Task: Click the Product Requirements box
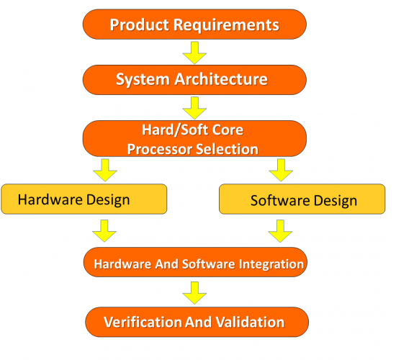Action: (x=194, y=24)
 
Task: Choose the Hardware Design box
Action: (x=84, y=199)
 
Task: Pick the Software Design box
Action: (x=303, y=199)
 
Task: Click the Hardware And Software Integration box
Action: (x=196, y=264)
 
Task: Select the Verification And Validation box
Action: (x=196, y=321)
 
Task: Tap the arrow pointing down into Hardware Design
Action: (x=105, y=171)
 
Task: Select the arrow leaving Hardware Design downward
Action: (x=105, y=230)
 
